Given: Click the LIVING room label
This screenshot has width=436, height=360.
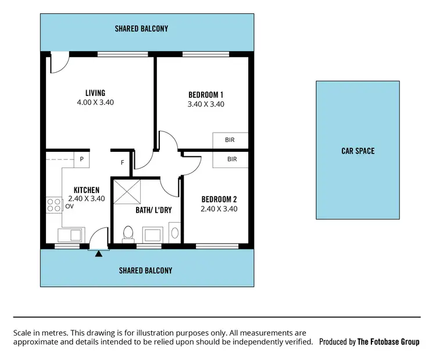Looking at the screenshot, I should click(95, 93).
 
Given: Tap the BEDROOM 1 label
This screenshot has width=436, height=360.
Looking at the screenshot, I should click(206, 95).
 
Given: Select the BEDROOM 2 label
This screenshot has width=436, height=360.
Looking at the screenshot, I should click(219, 199).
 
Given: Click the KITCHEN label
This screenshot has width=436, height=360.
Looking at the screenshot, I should click(87, 190).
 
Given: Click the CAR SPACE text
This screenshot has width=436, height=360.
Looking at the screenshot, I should click(358, 151).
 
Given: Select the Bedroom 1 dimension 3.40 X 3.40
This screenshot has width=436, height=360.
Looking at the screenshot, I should click(206, 104).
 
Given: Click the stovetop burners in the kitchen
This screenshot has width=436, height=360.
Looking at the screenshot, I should click(55, 205).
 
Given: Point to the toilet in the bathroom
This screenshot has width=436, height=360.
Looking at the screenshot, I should click(128, 233).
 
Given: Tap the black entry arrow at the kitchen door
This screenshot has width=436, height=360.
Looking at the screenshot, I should click(99, 253).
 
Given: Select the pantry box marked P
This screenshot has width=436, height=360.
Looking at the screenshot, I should click(82, 159).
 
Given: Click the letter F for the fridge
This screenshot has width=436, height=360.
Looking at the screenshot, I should click(122, 162).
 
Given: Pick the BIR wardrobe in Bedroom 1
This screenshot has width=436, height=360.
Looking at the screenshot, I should click(231, 140).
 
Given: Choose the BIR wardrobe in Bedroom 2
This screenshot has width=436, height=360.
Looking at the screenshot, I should click(232, 159).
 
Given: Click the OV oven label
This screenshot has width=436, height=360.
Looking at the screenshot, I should click(70, 206).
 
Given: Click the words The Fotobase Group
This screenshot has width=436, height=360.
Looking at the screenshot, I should click(388, 342).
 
